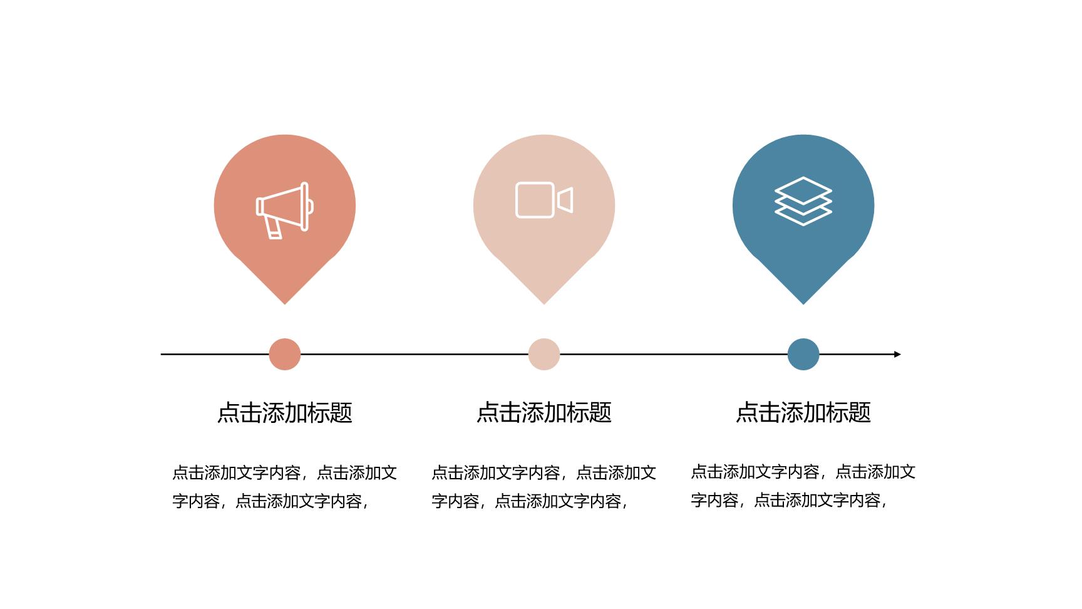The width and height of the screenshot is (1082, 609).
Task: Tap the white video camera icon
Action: pyautogui.click(x=544, y=200)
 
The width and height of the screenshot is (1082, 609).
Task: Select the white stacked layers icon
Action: pyautogui.click(x=803, y=201)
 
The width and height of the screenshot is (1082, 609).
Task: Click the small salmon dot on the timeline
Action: pyautogui.click(x=285, y=354)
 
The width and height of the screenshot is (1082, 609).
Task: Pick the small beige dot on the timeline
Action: pyautogui.click(x=544, y=354)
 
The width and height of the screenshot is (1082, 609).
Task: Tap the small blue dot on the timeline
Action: pyautogui.click(x=803, y=354)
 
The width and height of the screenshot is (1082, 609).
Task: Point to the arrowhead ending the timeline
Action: pyautogui.click(x=897, y=354)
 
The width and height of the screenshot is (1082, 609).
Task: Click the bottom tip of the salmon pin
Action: pyautogui.click(x=285, y=304)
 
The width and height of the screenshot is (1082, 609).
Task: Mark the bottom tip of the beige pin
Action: pyautogui.click(x=544, y=304)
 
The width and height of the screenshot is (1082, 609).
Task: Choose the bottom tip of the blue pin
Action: pyautogui.click(x=803, y=304)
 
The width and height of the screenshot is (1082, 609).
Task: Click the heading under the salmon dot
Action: pyautogui.click(x=285, y=412)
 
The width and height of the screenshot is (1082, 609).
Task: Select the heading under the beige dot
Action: pyautogui.click(x=544, y=412)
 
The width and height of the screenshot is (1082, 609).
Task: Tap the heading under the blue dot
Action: pyautogui.click(x=803, y=412)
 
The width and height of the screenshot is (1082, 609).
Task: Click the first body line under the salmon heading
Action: pyautogui.click(x=285, y=472)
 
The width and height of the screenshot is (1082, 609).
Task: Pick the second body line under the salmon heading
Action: pyautogui.click(x=270, y=501)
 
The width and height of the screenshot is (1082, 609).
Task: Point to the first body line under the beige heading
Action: pyautogui.click(x=544, y=472)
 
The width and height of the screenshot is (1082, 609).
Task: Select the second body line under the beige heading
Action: pyautogui.click(x=530, y=501)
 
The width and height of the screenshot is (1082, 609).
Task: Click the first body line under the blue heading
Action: pyautogui.click(x=803, y=471)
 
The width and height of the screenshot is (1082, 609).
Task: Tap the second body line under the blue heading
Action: pyautogui.click(x=789, y=500)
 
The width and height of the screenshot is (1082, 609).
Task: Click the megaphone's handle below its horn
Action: pyautogui.click(x=273, y=227)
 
